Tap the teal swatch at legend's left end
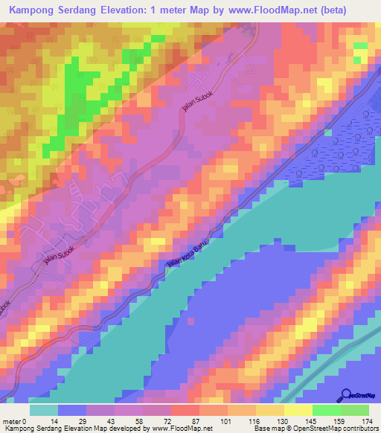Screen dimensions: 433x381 click(x=44, y=410)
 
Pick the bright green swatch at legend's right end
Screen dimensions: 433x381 click(x=355, y=410)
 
